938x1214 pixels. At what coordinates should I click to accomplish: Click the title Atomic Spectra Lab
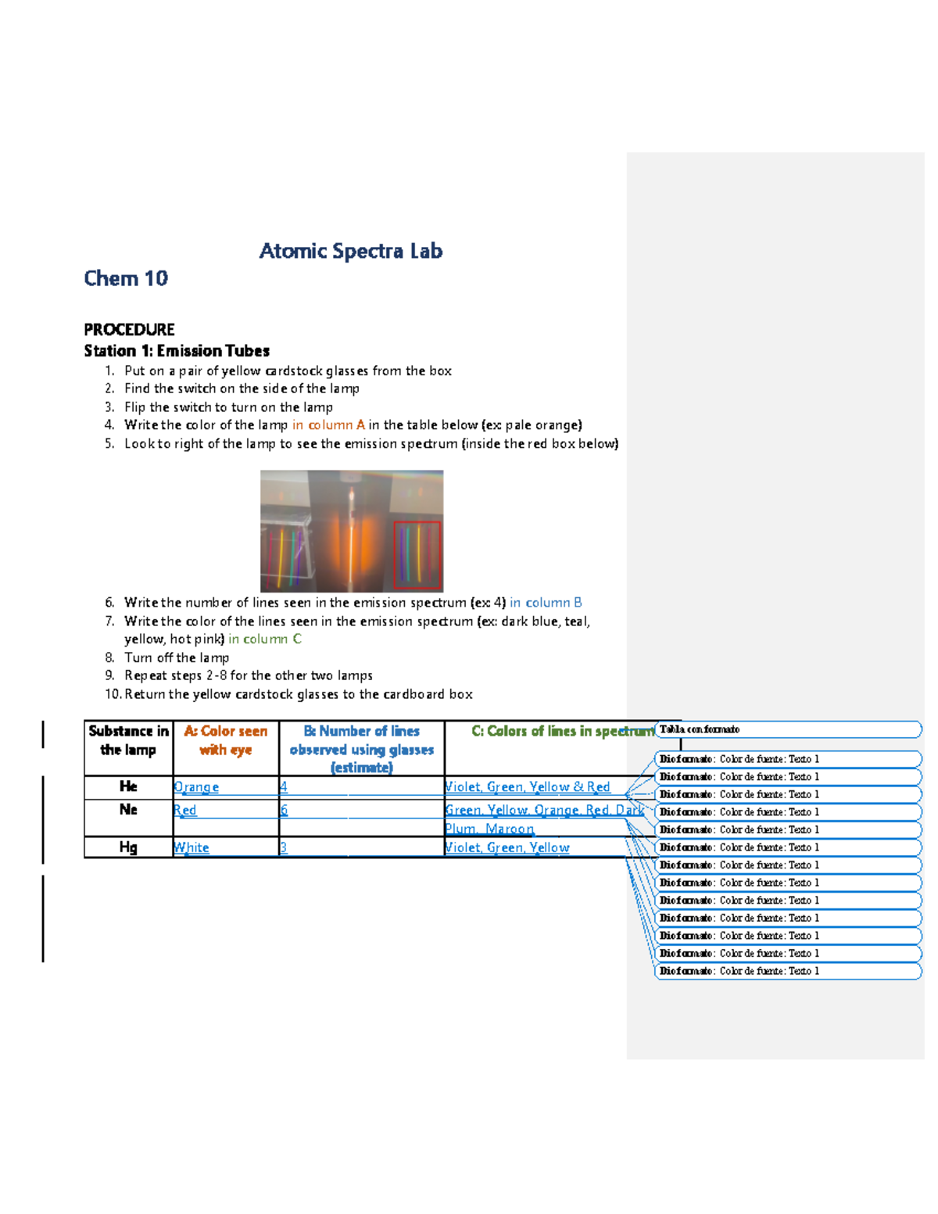[351, 251]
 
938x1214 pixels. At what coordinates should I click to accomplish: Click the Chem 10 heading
[126, 278]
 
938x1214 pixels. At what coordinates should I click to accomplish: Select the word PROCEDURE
[129, 329]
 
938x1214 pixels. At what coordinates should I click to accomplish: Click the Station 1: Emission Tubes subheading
[177, 350]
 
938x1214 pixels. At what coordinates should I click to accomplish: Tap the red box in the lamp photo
[417, 554]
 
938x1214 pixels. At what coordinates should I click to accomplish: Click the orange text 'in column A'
[328, 425]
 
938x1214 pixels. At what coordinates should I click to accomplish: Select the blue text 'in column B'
[546, 603]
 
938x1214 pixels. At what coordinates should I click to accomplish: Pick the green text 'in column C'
[264, 639]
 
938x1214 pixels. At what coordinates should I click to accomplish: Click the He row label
[128, 786]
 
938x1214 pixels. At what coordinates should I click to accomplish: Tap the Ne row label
[128, 810]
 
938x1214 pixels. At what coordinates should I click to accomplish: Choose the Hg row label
[128, 847]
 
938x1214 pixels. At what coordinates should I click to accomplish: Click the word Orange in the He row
[196, 787]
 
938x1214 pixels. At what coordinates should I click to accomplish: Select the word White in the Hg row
[192, 847]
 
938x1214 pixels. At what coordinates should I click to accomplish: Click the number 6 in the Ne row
[285, 811]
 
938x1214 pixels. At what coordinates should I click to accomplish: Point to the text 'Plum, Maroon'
[489, 829]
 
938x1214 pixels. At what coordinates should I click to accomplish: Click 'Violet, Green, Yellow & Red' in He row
[528, 787]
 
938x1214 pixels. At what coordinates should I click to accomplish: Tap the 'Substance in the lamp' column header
[128, 740]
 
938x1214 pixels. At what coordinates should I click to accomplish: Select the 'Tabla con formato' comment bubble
[788, 729]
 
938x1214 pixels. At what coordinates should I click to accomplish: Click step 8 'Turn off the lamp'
[177, 657]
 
